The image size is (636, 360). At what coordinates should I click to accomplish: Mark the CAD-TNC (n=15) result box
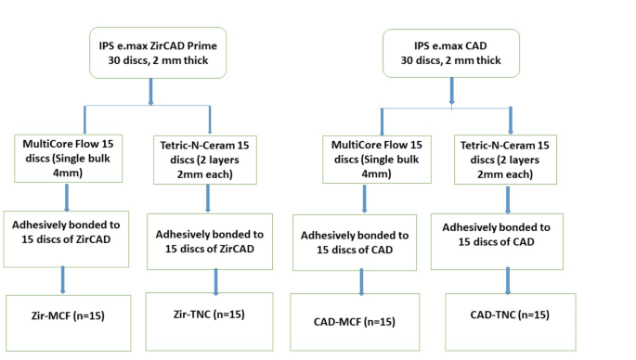510,316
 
